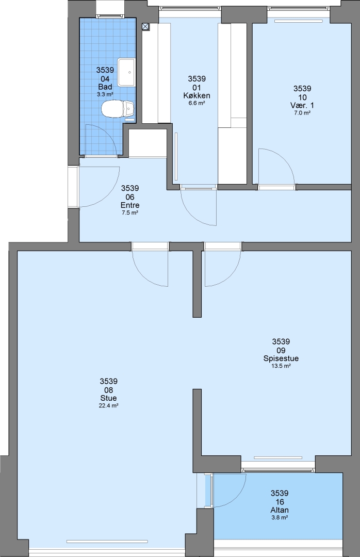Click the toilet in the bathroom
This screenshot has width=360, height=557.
tap(118, 109)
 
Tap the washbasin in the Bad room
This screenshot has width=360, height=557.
tap(126, 73)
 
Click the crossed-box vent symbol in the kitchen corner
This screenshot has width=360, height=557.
tap(145, 26)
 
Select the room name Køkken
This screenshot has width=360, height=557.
tap(197, 95)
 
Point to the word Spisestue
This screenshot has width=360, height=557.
tap(281, 358)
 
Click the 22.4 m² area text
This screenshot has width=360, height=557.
tap(108, 405)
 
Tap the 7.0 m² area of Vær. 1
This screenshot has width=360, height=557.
tap(302, 112)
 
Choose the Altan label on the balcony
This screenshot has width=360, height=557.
tap(280, 510)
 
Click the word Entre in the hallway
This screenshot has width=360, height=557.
tap(130, 205)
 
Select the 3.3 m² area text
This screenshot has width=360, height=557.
tap(105, 94)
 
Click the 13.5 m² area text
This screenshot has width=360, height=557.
tap(281, 366)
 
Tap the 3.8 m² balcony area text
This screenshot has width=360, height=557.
tap(280, 518)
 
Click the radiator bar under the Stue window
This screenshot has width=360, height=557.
tap(107, 542)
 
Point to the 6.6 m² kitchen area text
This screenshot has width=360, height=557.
tap(197, 103)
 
